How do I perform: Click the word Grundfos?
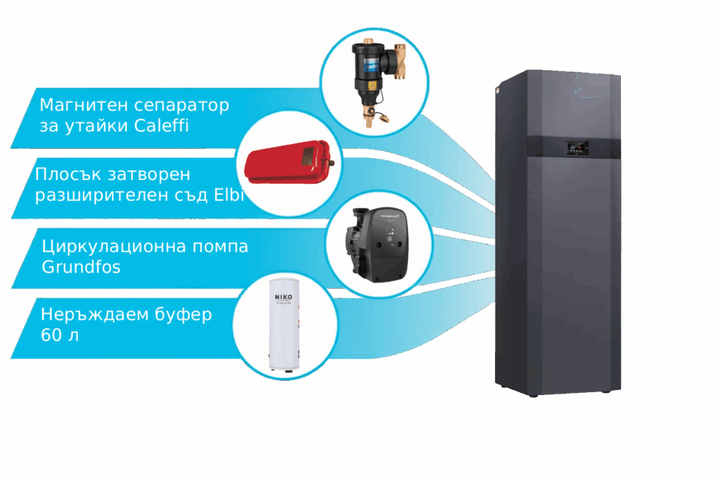click(81, 268)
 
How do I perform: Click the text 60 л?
click(60, 335)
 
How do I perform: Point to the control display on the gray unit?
click(577, 148)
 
